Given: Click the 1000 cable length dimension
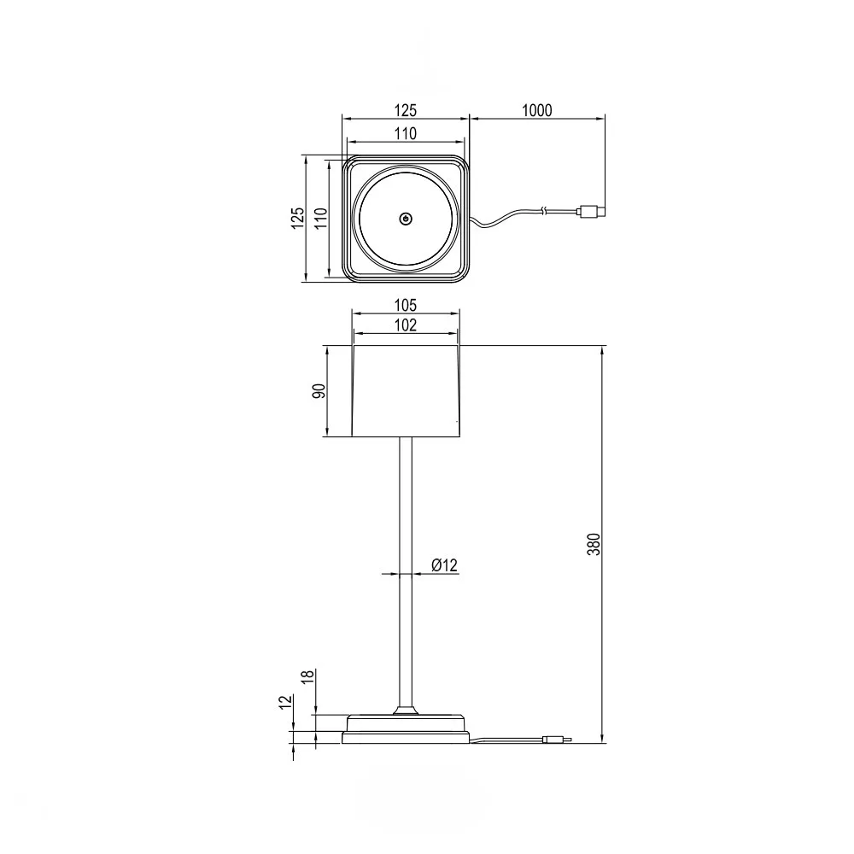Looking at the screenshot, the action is tap(537, 110).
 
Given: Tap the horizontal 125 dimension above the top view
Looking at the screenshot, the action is tap(405, 110).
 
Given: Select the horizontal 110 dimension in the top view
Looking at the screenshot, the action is tap(405, 133).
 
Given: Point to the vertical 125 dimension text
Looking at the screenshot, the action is tap(297, 218).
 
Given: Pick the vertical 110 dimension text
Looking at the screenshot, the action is tap(321, 218).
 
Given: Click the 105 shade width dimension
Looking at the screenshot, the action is tap(405, 305).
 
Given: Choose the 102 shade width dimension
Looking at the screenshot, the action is tap(405, 325).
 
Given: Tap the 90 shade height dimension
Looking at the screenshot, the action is tap(319, 390).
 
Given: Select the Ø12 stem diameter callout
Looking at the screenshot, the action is tap(444, 564).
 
